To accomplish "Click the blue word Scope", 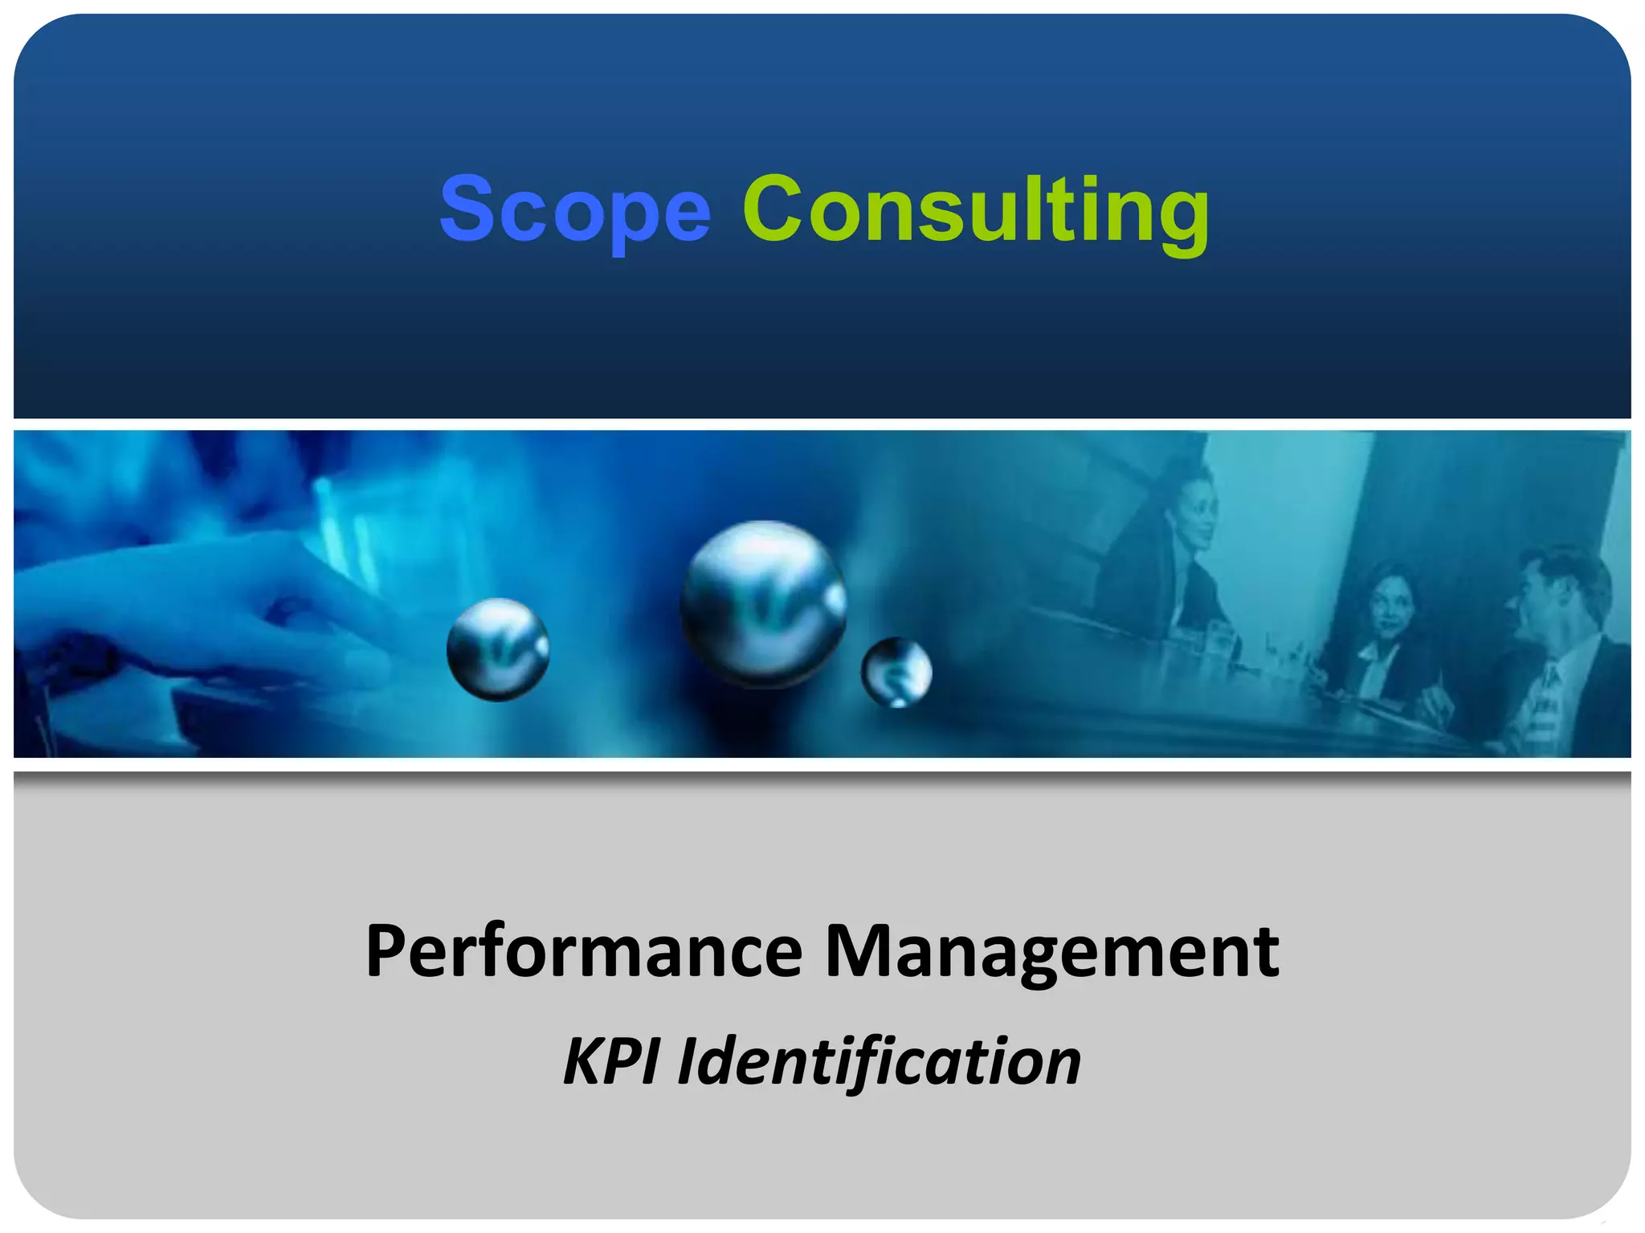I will coord(575,210).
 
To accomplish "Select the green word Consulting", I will coord(975,210).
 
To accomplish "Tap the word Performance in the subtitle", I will coord(584,953).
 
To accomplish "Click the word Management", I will coord(1052,953).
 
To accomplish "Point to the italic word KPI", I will coord(610,1062).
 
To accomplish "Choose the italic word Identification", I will coord(880,1062).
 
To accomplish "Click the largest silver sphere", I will coord(763,604).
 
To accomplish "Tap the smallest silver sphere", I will coord(896,673).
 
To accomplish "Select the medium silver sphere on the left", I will coord(498,649).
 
